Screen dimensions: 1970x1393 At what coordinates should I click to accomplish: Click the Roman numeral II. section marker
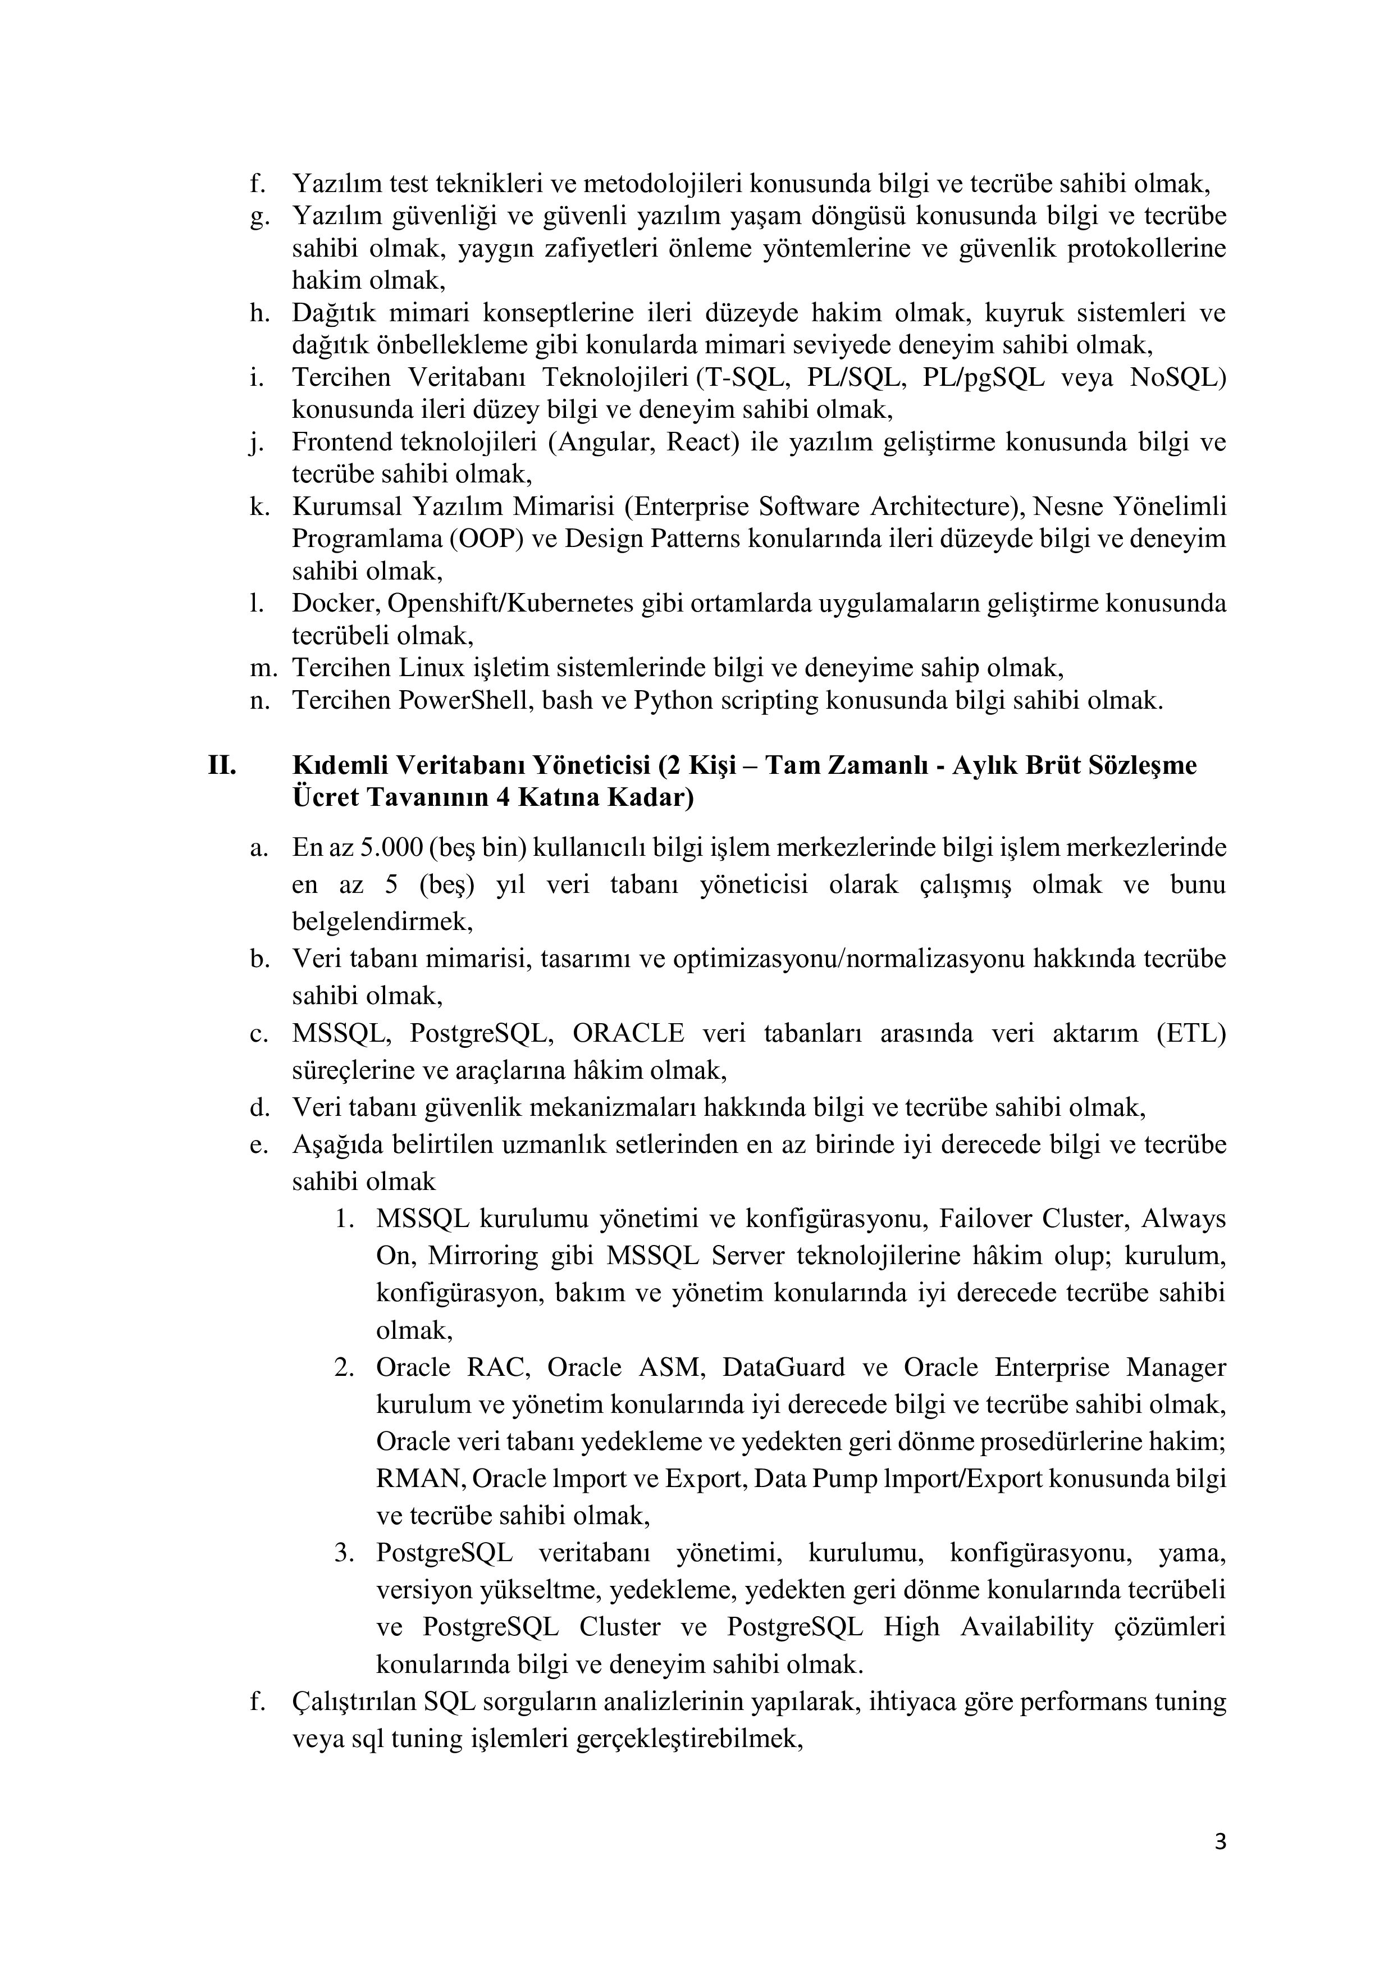click(x=222, y=764)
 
